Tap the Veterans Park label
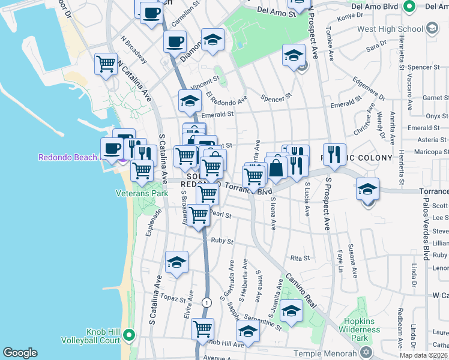click(142, 194)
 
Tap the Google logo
click(20, 353)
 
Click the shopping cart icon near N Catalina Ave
click(106, 64)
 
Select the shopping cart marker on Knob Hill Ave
click(203, 329)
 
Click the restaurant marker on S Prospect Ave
click(334, 154)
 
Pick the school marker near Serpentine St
click(291, 311)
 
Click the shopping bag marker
click(276, 169)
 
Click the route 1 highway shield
click(206, 302)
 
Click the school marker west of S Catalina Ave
click(176, 262)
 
